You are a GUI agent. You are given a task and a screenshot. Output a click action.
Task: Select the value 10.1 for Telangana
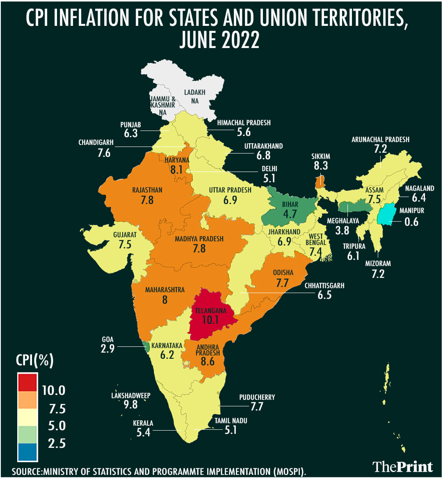210,319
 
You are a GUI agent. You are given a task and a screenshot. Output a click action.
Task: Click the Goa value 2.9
107,349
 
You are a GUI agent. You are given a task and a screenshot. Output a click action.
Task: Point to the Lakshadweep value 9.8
130,404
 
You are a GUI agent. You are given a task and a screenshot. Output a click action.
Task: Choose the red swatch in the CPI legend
27,383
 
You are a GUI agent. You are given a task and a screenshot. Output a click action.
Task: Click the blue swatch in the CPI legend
27,451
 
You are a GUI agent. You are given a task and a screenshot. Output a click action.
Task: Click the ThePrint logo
402,467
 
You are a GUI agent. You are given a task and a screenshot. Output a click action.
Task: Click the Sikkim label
321,156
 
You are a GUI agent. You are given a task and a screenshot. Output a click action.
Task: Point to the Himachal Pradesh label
244,123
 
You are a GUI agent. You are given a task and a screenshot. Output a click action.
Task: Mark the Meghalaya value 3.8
342,230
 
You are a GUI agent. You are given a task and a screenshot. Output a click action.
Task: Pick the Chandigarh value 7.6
104,153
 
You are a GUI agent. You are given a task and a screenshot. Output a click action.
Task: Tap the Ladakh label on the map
194,93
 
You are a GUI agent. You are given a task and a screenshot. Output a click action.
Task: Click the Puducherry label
257,397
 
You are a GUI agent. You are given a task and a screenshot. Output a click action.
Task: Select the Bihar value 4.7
290,214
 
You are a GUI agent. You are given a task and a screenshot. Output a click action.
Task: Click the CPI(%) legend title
34,360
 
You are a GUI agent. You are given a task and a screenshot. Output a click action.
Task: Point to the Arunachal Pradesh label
380,140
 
